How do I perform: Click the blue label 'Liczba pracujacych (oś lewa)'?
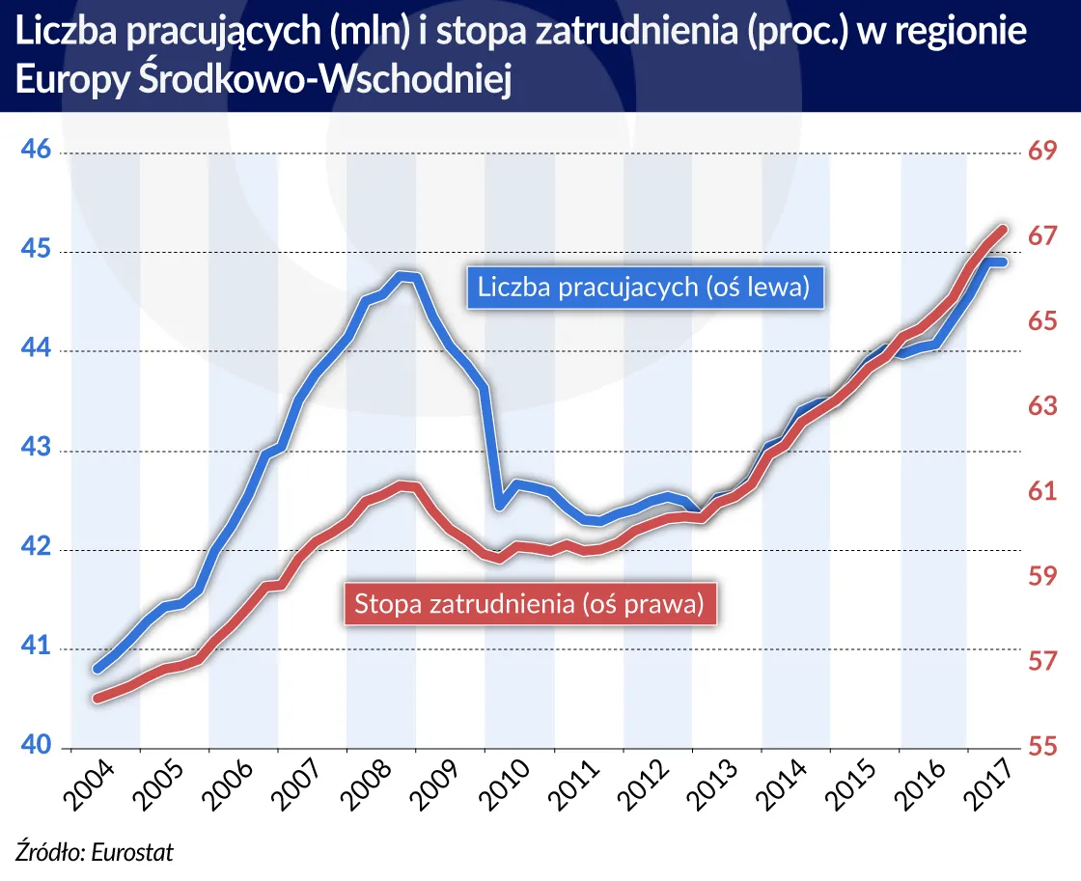(643, 288)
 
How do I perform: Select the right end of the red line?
(1003, 230)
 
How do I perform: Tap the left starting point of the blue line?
(97, 668)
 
